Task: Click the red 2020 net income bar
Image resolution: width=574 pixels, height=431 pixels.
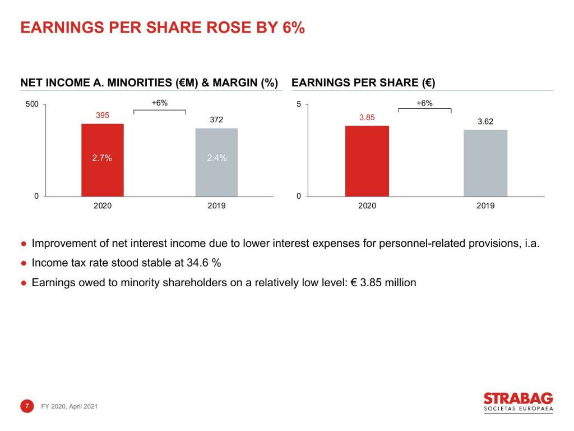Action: [103, 160]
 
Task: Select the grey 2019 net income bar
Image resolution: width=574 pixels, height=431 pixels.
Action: [216, 162]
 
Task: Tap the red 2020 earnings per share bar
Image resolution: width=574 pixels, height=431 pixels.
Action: [367, 161]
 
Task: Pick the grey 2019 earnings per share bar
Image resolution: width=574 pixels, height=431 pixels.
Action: [485, 163]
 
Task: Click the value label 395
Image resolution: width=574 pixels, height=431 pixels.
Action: [103, 115]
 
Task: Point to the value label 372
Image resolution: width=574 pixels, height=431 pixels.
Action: [216, 120]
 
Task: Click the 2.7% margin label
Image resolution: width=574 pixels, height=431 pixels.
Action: [102, 158]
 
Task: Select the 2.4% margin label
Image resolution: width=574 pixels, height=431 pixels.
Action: [217, 158]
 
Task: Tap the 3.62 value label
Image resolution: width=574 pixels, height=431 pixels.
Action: [485, 121]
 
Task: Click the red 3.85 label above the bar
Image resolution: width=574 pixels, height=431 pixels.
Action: [367, 117]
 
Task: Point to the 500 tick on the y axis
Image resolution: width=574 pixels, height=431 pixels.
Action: [32, 104]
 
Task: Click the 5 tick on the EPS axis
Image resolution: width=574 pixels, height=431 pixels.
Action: [299, 104]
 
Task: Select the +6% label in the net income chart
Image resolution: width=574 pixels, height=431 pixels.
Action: [160, 103]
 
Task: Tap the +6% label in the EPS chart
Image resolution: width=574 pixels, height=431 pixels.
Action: [425, 103]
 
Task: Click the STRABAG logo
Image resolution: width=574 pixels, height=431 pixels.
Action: [519, 402]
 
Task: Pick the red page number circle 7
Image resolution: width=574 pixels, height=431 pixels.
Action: [27, 406]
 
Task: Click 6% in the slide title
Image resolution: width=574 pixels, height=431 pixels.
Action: [293, 27]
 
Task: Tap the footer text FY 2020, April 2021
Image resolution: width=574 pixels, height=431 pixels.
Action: [69, 406]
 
